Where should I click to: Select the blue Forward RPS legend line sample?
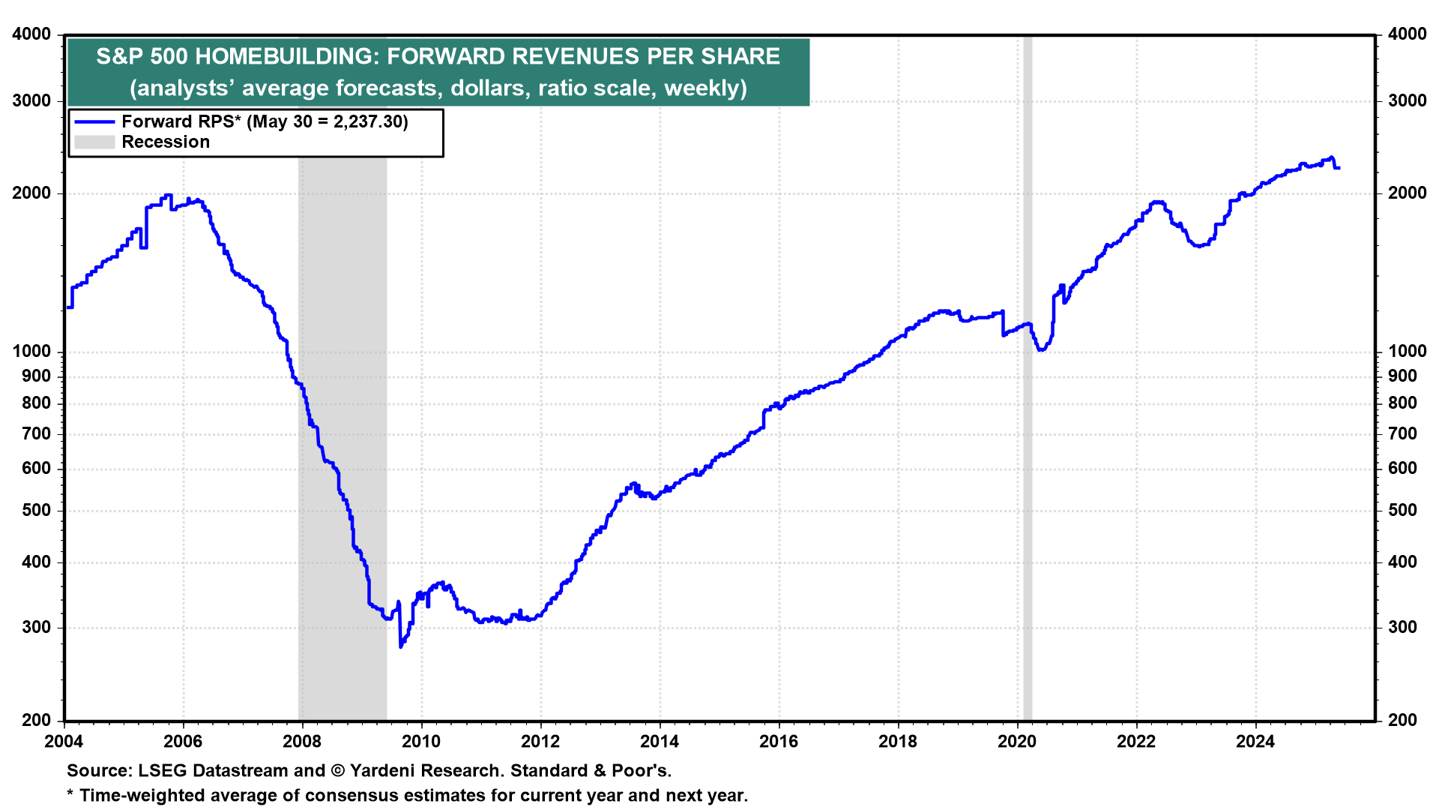tap(94, 121)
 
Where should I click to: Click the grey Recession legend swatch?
tap(94, 142)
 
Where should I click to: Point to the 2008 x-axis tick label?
tap(302, 742)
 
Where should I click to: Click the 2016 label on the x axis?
tap(779, 742)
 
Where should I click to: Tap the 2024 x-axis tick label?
tap(1255, 742)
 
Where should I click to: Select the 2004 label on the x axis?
tap(64, 742)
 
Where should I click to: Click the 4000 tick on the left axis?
tap(32, 34)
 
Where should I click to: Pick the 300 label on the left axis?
tap(37, 627)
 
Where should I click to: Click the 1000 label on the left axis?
tap(32, 351)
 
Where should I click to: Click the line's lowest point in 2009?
tap(401, 646)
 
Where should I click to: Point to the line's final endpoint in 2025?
tap(1339, 167)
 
